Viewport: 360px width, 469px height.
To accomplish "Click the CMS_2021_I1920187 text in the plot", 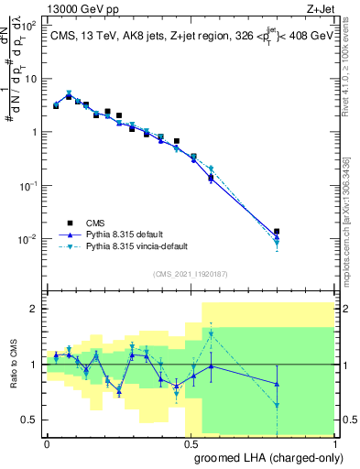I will (190, 273).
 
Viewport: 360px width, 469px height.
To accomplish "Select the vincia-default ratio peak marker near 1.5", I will (212, 334).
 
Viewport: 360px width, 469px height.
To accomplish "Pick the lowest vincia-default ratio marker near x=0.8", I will (278, 404).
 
